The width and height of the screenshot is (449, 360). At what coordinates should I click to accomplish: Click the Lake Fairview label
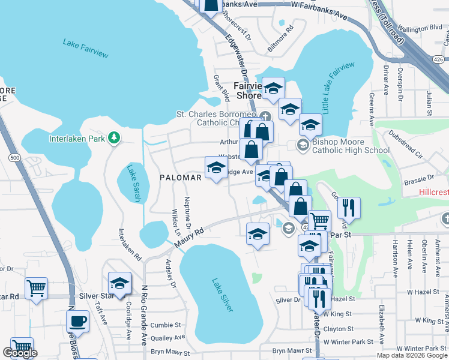point(86,48)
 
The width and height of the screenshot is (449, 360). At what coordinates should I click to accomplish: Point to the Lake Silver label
point(222,293)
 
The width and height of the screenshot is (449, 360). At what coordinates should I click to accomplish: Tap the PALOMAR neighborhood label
point(181,178)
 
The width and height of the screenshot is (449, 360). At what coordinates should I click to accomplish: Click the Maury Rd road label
point(190,236)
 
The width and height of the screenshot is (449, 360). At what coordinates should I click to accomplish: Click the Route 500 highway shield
point(14,157)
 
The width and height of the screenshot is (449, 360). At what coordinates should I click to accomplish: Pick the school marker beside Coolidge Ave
point(119,284)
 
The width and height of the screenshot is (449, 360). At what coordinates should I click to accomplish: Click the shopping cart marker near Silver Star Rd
point(36,288)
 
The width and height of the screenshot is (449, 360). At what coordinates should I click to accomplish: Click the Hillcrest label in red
point(433,193)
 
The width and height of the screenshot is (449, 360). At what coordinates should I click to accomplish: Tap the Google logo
point(20,353)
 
